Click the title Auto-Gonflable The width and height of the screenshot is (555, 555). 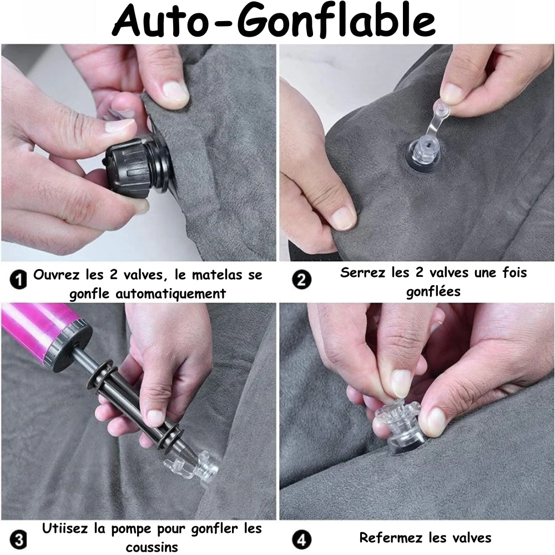(276, 21)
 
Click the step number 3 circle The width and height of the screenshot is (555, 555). (18, 538)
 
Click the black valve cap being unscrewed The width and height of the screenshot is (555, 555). (133, 167)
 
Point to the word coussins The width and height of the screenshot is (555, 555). (152, 547)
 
